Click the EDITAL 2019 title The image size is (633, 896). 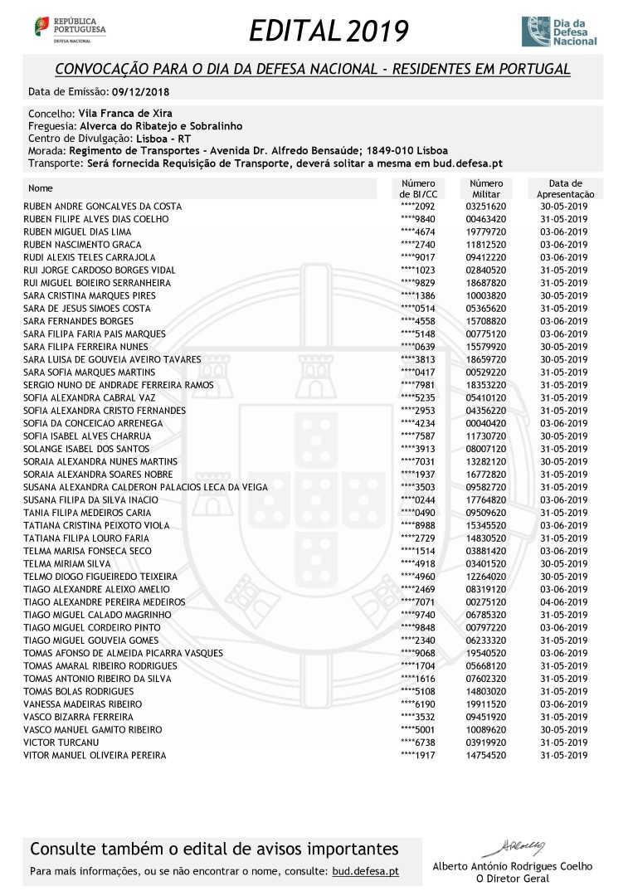point(329,32)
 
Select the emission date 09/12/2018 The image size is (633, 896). point(142,91)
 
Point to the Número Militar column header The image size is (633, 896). point(486,188)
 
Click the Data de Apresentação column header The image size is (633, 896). point(565,188)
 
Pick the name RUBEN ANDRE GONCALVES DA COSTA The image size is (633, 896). point(102,207)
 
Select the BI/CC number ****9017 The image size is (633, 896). point(418,258)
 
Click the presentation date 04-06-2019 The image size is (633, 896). point(563,602)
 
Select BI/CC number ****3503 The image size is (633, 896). point(418,488)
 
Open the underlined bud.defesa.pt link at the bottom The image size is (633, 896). point(365,872)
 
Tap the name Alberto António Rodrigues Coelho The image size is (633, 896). point(513,866)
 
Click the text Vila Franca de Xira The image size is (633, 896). point(125,113)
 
